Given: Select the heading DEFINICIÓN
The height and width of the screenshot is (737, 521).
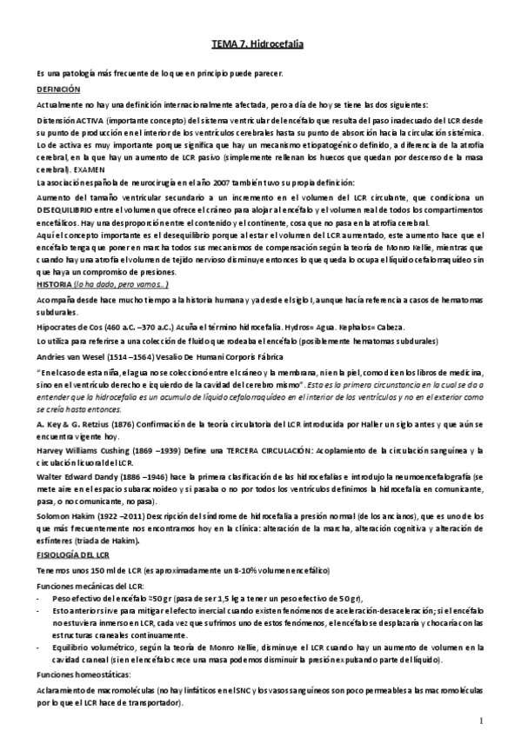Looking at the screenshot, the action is click(57, 90).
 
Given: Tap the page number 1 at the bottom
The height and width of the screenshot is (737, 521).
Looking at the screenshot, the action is click(481, 720).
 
